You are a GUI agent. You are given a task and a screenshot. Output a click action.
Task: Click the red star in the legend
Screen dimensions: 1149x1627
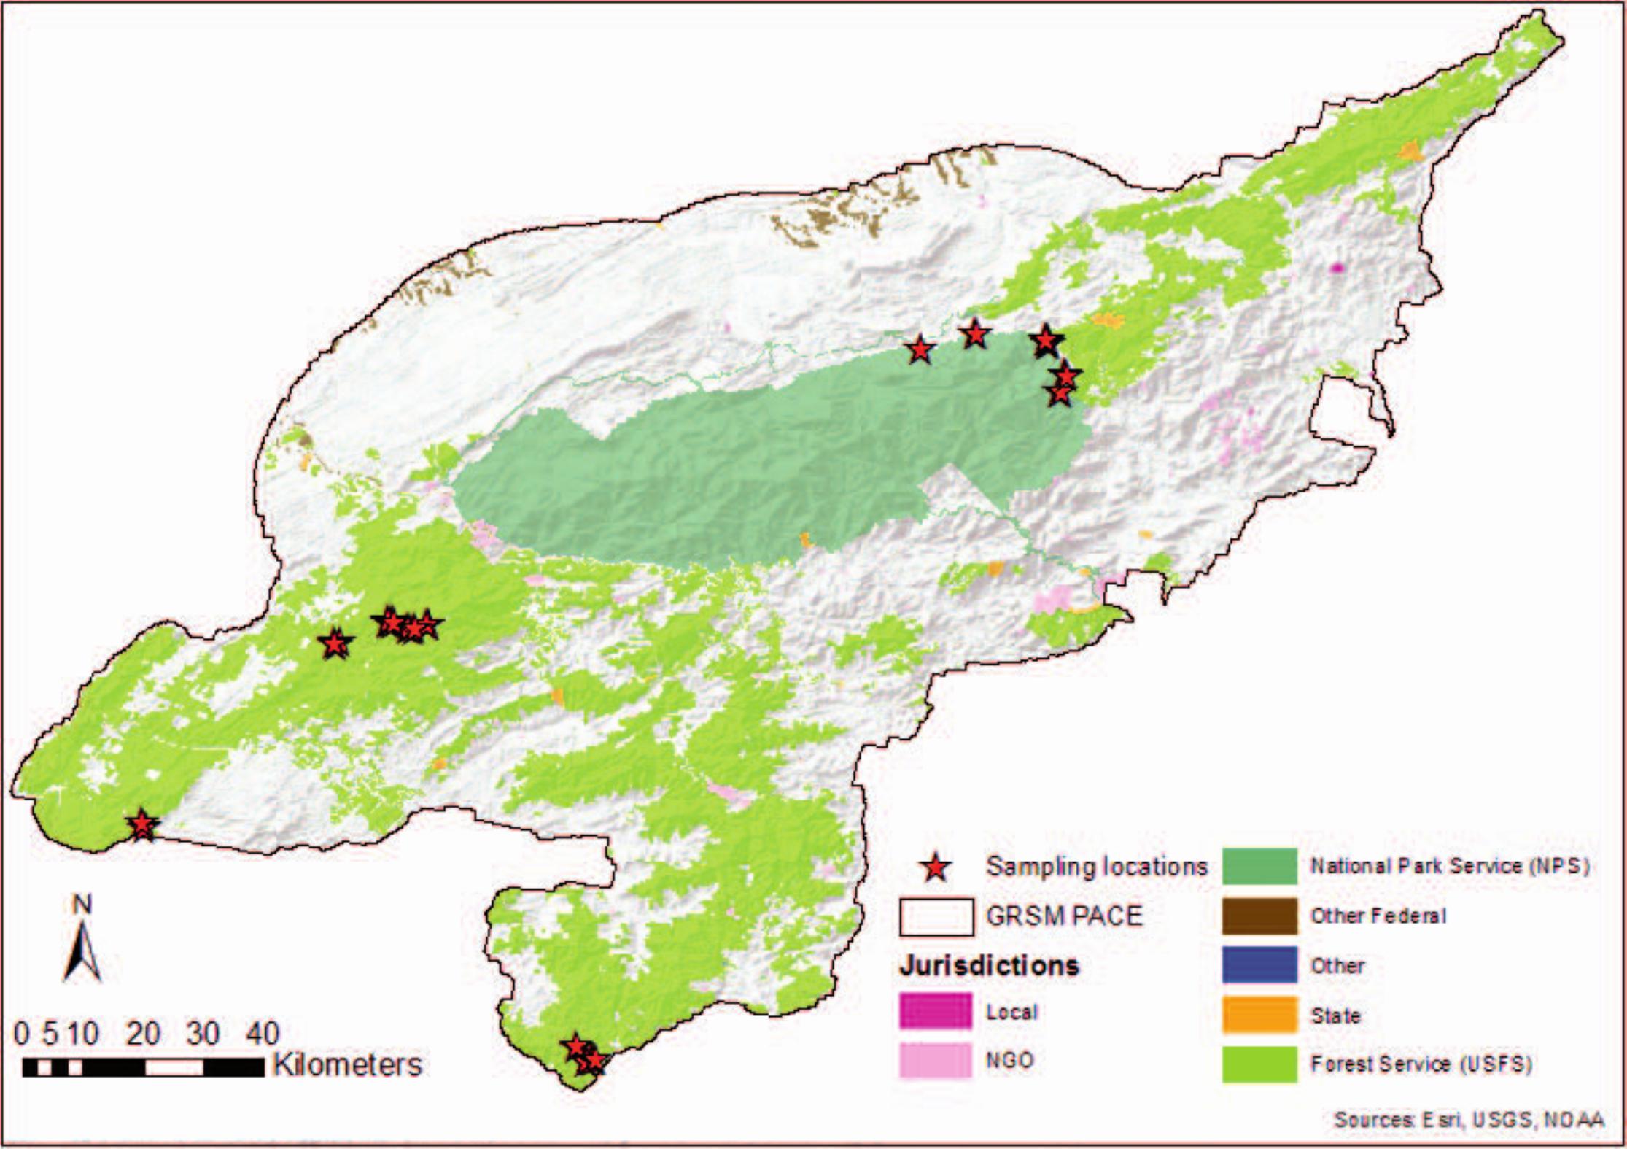(x=935, y=867)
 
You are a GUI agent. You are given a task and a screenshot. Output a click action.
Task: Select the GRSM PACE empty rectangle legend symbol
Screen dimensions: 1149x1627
(x=936, y=916)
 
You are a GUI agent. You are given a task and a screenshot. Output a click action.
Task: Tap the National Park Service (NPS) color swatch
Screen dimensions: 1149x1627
(x=1259, y=866)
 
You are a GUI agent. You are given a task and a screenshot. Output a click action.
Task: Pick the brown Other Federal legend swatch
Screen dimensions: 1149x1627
(x=1259, y=916)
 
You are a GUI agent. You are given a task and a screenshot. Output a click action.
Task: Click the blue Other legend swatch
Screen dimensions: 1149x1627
(x=1259, y=965)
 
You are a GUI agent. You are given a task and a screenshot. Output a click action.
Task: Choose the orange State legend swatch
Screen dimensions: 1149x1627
(x=1259, y=1015)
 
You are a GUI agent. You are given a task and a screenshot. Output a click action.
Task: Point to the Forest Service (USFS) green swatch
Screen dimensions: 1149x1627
(x=1259, y=1064)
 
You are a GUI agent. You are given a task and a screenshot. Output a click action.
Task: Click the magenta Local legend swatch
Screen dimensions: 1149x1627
(x=936, y=1012)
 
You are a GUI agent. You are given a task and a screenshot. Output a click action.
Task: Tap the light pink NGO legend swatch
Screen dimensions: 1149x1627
(x=936, y=1060)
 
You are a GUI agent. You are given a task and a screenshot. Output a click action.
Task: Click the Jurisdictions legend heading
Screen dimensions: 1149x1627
(x=989, y=965)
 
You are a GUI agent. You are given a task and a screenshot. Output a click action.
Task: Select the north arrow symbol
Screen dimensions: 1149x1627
(x=82, y=948)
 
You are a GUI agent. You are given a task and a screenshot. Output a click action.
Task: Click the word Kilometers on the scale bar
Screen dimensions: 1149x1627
(x=348, y=1065)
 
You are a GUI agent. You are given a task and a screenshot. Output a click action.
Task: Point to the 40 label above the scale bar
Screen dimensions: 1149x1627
(x=262, y=1033)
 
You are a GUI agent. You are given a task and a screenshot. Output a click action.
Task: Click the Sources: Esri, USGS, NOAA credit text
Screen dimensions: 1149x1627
(x=1469, y=1120)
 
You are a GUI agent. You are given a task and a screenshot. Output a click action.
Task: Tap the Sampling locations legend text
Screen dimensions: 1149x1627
(x=1097, y=867)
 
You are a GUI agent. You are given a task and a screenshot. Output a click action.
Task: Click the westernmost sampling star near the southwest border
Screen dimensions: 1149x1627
(x=141, y=825)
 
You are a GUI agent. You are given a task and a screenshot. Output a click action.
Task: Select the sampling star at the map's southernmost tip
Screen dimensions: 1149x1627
(x=593, y=1061)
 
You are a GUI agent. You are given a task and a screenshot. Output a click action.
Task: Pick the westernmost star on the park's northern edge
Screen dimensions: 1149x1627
(x=920, y=350)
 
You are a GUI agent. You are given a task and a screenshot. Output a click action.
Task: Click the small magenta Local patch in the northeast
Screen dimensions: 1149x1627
(x=1337, y=268)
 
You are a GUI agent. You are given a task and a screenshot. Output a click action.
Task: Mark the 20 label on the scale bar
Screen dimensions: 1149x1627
(x=142, y=1033)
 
